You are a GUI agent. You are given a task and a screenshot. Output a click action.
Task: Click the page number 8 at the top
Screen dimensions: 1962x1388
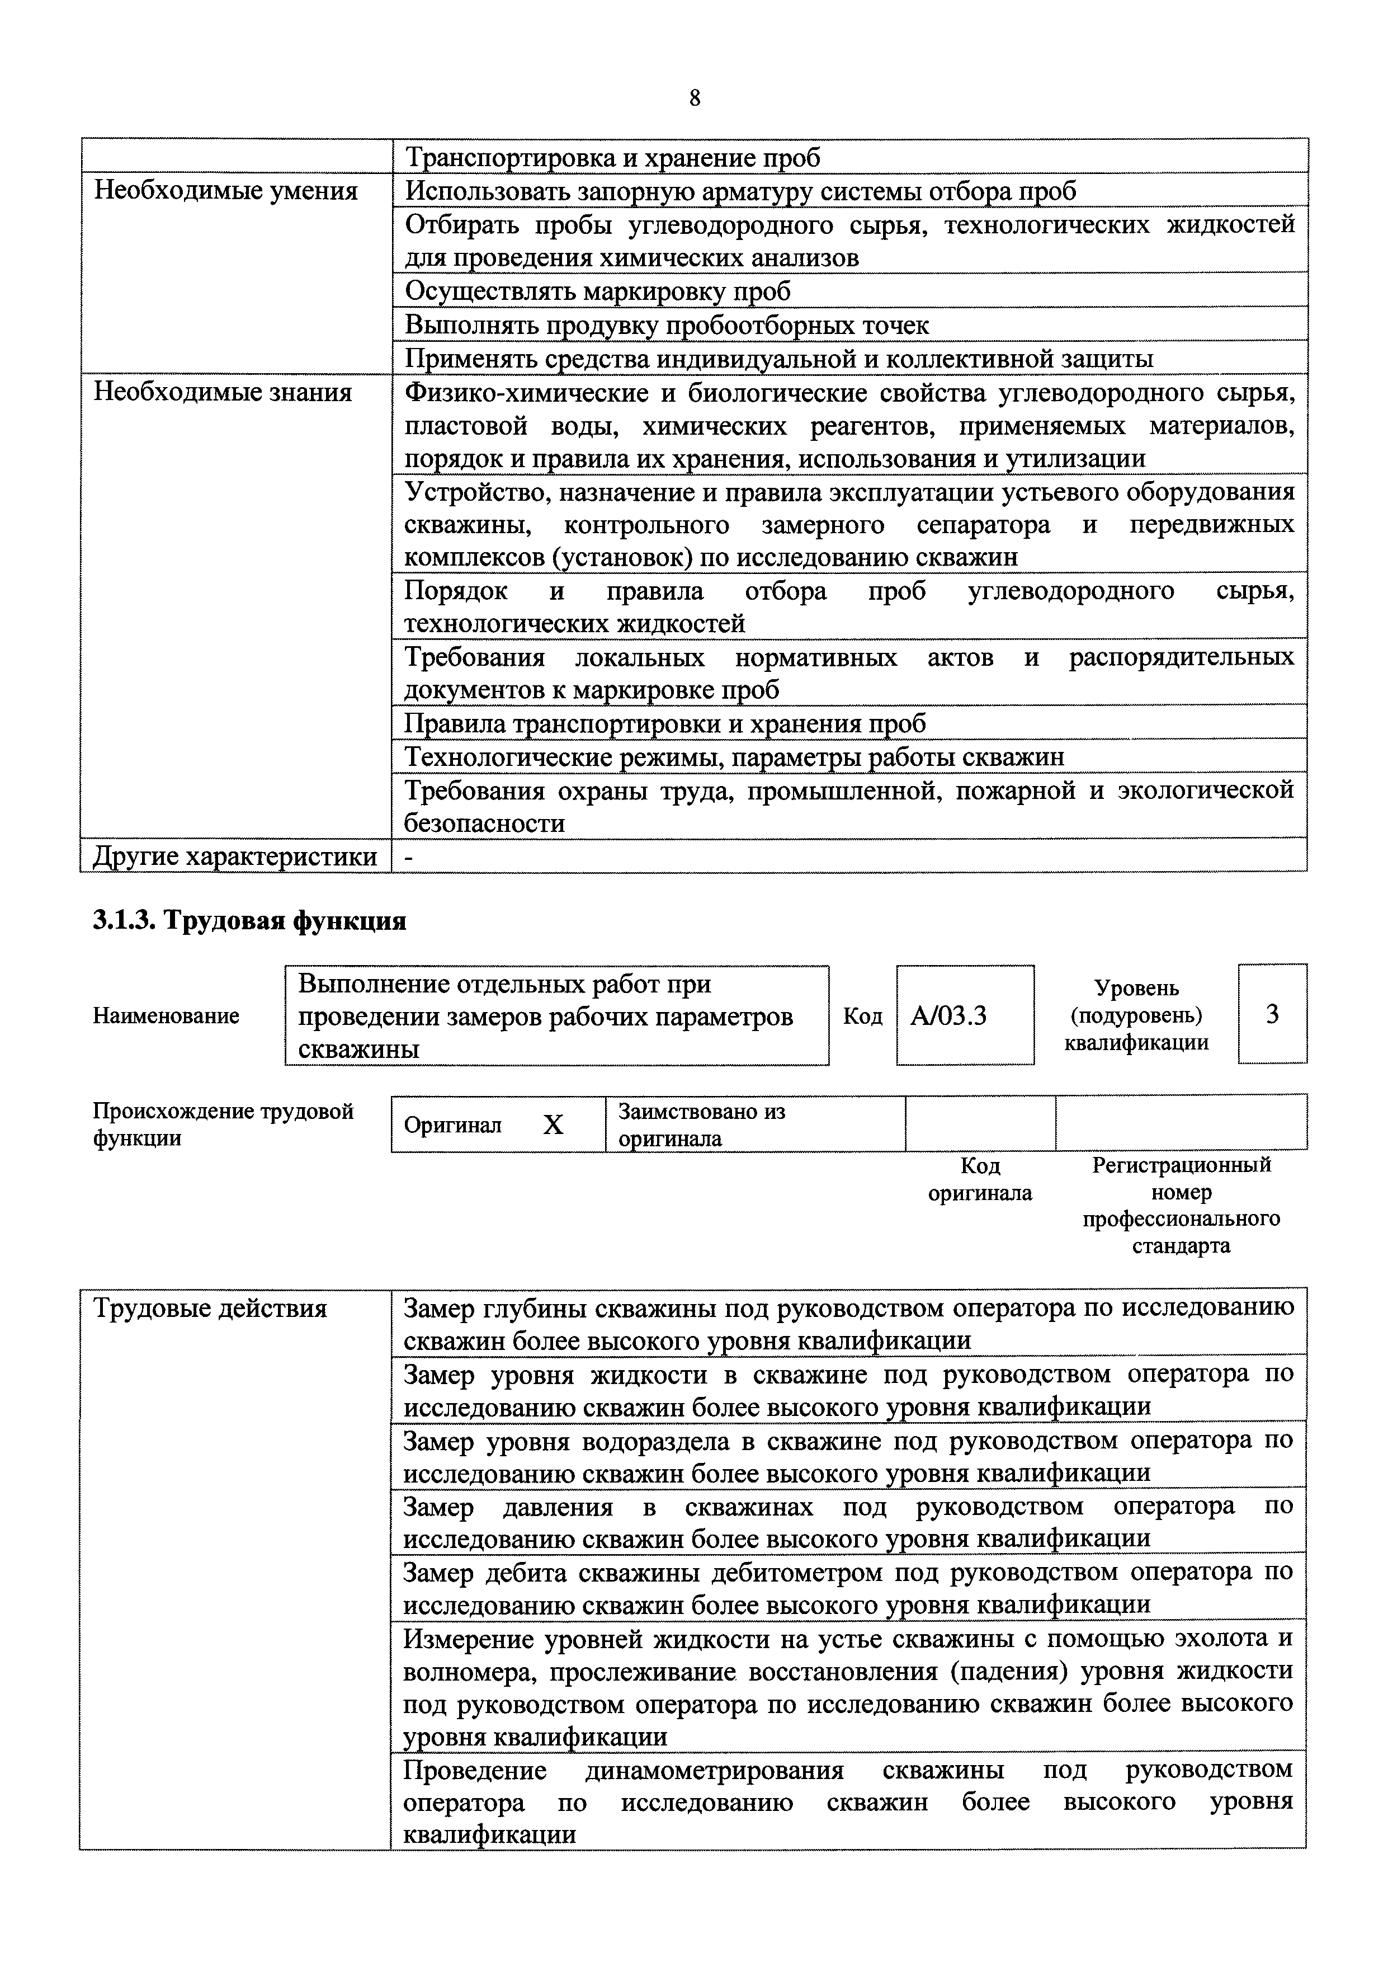(694, 99)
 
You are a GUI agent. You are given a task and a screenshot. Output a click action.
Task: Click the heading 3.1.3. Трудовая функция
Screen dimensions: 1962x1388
(249, 921)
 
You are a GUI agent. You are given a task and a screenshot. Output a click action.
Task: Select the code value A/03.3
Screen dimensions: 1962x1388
(948, 1015)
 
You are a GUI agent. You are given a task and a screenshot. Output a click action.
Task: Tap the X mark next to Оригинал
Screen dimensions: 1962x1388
(554, 1125)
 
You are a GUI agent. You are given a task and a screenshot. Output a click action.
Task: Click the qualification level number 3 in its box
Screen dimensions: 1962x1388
(1272, 1014)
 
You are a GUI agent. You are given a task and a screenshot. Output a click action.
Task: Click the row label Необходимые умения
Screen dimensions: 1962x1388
(225, 191)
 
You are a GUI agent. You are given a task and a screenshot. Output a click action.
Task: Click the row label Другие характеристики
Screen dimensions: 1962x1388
(235, 857)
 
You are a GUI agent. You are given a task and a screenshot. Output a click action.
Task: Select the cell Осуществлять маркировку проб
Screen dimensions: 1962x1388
(597, 291)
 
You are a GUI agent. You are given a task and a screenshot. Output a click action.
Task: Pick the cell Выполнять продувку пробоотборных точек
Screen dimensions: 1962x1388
(667, 325)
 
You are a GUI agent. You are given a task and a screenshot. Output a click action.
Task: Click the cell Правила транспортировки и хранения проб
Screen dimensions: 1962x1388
(665, 724)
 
